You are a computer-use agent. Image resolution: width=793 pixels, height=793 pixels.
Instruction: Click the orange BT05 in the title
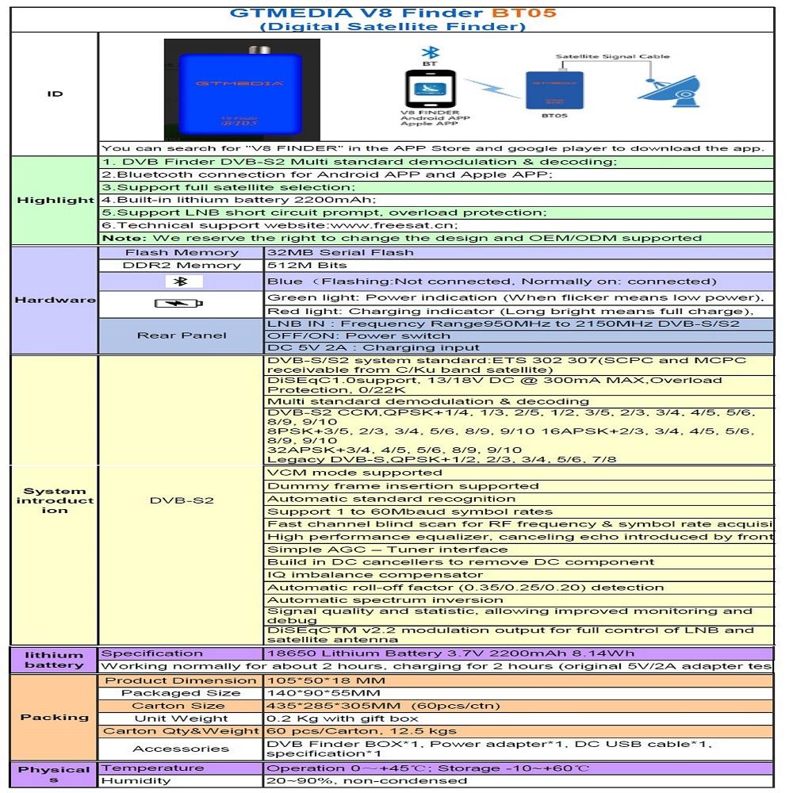523,13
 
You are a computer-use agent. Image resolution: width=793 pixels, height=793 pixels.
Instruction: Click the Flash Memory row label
182,252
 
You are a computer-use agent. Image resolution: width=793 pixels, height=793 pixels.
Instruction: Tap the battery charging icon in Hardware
178,303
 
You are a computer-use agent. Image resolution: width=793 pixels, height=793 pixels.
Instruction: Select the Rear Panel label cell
182,335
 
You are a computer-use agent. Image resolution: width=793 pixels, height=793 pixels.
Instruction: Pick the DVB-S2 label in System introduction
182,500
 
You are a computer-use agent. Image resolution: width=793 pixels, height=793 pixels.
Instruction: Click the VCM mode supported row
355,473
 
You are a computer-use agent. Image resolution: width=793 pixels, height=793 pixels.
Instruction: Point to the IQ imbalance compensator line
375,574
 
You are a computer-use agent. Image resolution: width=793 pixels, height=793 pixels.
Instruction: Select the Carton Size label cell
178,705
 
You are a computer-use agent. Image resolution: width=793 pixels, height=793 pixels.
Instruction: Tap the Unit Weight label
182,718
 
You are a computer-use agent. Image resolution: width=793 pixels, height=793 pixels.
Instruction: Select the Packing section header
55,717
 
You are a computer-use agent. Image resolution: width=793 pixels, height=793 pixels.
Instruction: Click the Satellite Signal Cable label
612,56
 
